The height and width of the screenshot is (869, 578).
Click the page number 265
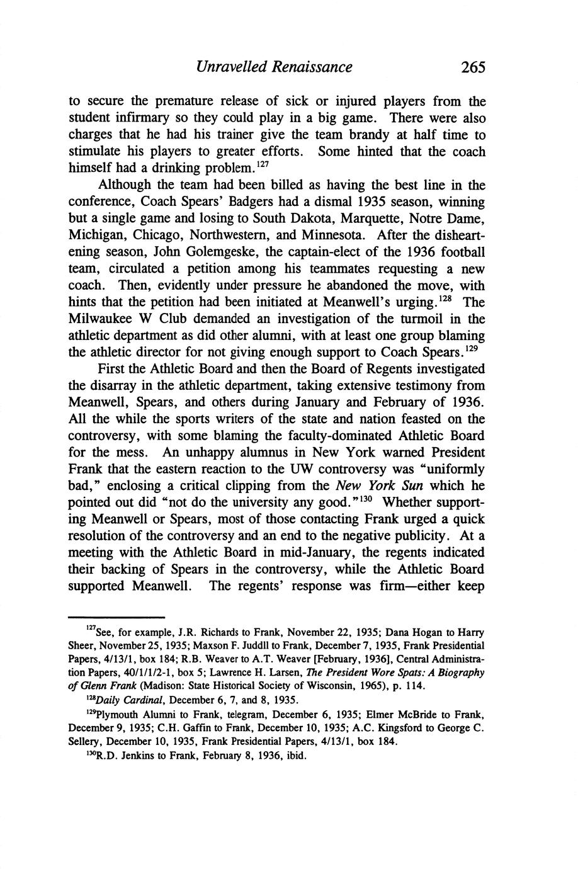(x=473, y=67)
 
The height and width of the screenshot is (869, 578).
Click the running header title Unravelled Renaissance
(x=274, y=67)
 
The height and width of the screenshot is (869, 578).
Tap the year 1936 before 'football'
(x=406, y=253)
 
